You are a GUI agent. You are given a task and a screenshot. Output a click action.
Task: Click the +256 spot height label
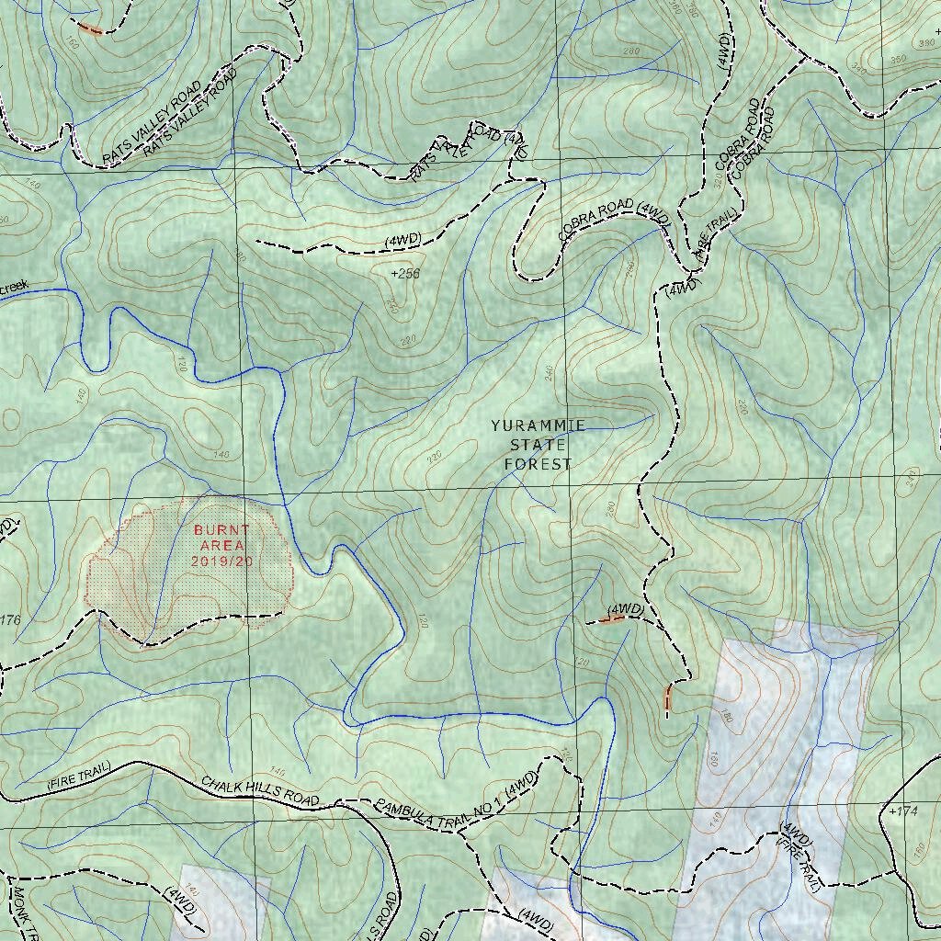tap(405, 274)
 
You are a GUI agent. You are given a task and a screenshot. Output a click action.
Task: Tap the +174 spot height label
tap(903, 811)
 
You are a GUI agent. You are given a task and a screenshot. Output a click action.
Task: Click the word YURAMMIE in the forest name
tap(538, 426)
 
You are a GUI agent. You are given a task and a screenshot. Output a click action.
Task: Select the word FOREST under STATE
tap(538, 465)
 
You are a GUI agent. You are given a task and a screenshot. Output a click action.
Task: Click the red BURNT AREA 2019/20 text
tap(221, 545)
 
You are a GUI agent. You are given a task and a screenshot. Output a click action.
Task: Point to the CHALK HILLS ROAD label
tap(260, 789)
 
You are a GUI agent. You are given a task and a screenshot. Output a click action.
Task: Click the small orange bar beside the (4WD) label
tap(611, 620)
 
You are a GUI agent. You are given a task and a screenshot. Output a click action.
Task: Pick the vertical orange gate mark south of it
tap(667, 698)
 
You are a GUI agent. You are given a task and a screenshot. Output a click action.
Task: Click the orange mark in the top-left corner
tap(89, 28)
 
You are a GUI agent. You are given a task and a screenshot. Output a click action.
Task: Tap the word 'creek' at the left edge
tap(14, 288)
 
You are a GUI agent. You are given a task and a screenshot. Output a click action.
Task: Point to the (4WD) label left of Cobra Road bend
tap(402, 239)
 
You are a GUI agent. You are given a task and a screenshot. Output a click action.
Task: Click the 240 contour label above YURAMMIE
tap(550, 372)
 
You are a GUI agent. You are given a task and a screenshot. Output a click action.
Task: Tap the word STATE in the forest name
tap(538, 446)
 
